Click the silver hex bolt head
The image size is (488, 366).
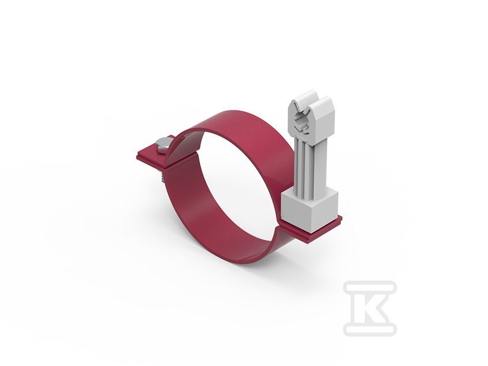click(x=162, y=145)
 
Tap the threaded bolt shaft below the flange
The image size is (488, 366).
click(x=162, y=177)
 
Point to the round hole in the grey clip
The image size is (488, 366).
click(x=302, y=122)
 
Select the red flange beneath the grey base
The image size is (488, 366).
click(x=311, y=230)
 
